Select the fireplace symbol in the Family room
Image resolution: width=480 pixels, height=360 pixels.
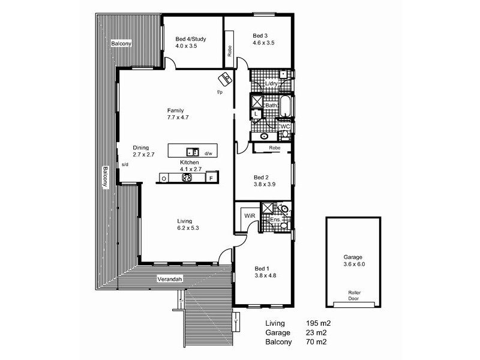[225, 79]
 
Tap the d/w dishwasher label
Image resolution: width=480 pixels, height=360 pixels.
[208, 154]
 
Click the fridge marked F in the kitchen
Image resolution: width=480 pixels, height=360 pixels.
[211, 178]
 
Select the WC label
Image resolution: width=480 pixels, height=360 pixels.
[286, 127]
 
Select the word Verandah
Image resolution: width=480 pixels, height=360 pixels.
[170, 280]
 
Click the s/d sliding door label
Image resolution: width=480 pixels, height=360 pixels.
[125, 164]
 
